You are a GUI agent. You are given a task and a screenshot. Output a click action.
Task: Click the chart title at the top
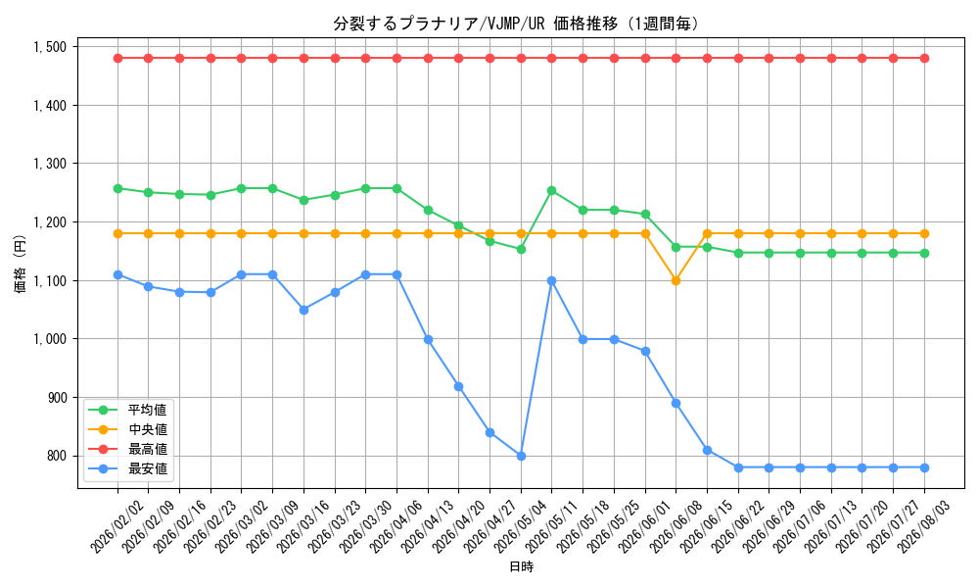coord(516,24)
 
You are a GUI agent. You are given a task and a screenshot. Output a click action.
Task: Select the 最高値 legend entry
coord(128,449)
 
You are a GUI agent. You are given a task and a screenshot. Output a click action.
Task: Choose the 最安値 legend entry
coord(128,468)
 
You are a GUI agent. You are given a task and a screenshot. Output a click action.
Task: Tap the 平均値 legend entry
coord(128,410)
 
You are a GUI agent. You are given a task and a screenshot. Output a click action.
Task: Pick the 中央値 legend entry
coord(128,429)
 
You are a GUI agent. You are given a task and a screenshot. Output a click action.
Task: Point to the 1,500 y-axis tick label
coord(50,47)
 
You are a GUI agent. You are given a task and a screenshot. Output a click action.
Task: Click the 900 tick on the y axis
coord(57,398)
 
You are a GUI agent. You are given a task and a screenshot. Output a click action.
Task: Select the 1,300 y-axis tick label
coord(50,164)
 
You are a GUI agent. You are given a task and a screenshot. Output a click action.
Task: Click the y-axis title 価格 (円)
coord(21,264)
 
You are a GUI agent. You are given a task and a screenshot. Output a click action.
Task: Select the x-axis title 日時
coord(522,567)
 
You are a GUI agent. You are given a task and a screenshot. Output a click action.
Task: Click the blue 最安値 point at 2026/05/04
coord(522,456)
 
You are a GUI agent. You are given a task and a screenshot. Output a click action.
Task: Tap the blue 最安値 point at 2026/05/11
coord(552,280)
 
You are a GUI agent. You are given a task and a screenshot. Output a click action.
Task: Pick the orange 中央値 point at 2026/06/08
coord(676,280)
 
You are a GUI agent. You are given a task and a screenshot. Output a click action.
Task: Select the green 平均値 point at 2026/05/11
coord(552,190)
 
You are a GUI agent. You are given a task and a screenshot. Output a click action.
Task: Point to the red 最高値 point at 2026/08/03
coord(925,58)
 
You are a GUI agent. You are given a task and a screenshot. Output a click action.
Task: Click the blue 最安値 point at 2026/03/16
coord(304,310)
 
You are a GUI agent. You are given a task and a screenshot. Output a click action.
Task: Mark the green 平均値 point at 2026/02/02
coord(118,188)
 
